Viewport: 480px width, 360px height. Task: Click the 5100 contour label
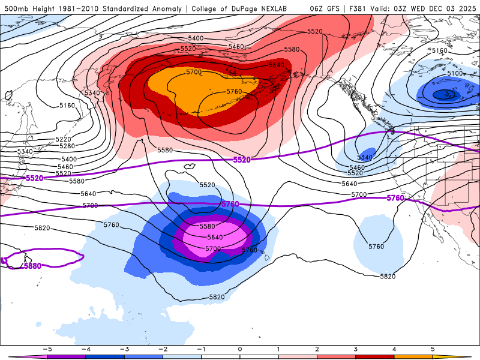[x=455, y=73]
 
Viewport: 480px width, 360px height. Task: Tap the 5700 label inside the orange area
[x=194, y=72]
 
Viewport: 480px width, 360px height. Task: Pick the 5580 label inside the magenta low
[x=207, y=226]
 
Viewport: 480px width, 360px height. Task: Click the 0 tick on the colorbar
[x=240, y=349]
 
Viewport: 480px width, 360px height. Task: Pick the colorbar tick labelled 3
[x=356, y=349]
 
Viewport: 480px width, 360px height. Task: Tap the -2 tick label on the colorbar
[x=161, y=349]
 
